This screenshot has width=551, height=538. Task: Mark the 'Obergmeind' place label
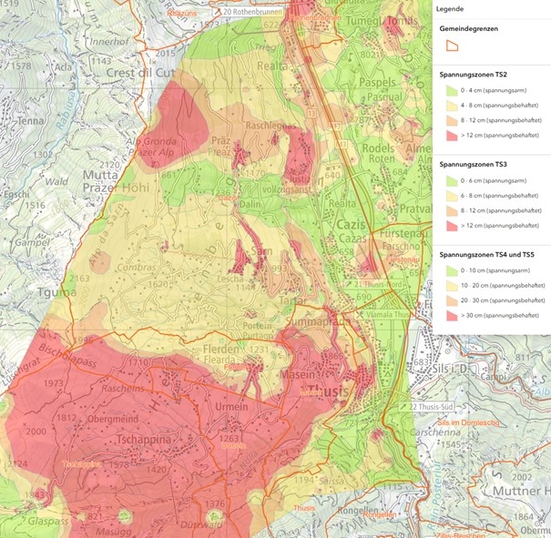click(115, 417)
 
